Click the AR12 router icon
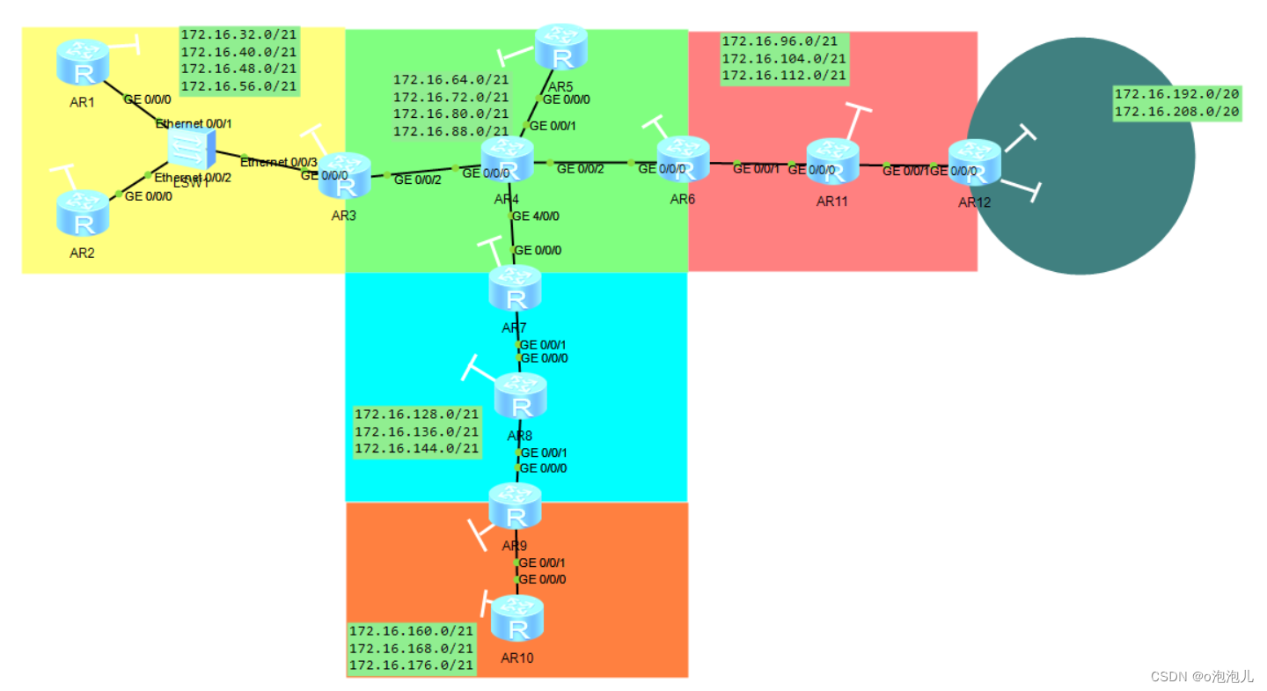point(975,163)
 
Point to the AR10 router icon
point(517,619)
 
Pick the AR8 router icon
point(520,397)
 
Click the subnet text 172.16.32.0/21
point(239,35)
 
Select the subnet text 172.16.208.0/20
point(1176,112)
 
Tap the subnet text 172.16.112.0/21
point(784,76)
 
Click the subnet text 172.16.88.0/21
point(450,131)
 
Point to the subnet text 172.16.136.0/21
point(417,431)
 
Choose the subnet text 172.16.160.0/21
point(412,631)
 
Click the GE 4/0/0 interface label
point(536,216)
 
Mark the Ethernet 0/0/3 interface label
point(278,162)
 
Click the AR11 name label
point(831,201)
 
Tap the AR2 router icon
point(84,214)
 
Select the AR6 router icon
point(683,159)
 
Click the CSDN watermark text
point(1202,676)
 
